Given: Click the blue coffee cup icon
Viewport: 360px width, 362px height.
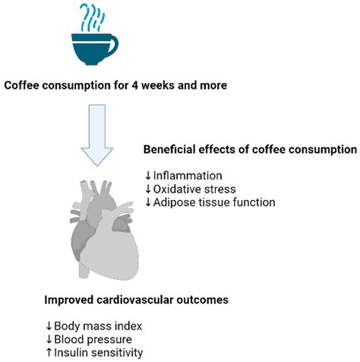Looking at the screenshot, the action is pos(93,49).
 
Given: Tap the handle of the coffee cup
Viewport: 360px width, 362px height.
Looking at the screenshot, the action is pos(115,43).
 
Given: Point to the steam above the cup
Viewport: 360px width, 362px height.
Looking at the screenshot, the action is pos(92,17).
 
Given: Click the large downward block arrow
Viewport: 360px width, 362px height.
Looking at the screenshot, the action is pos(97,135).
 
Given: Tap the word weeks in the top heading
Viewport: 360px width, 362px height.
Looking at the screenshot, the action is pos(157,85).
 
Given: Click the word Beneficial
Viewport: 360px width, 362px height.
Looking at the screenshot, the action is pos(169,149).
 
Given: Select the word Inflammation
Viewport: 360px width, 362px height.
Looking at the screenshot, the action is pos(188,176).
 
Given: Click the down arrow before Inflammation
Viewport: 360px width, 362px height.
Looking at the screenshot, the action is pos(148,176).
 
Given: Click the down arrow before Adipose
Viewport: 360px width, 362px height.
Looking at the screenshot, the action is pos(148,202).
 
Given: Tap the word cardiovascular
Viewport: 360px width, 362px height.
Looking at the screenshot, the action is pos(135,300).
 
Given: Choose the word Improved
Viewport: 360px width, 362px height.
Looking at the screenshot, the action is pos(69,300).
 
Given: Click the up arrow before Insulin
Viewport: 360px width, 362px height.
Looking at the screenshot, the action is pos(49,353).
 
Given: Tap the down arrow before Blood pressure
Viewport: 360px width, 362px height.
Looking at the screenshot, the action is pos(49,339).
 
